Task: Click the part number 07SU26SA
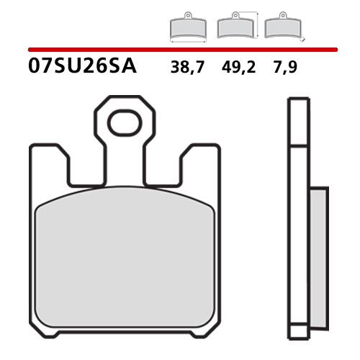tap(80, 68)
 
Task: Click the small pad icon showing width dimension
tap(186, 28)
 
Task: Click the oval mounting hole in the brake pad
tap(125, 123)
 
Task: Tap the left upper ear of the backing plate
tap(52, 163)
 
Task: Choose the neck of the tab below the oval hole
tap(125, 162)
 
